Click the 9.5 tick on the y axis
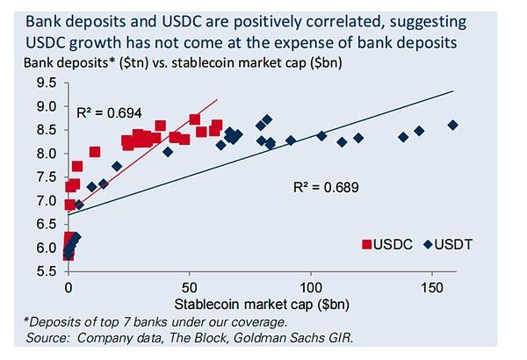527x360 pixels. coord(46,83)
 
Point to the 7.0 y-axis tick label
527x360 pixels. coord(46,201)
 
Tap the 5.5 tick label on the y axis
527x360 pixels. coord(46,272)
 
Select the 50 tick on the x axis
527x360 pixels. coord(189,287)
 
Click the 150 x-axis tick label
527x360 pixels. coord(430,287)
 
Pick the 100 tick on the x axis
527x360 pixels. coord(310,287)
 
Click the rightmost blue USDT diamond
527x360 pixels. coord(453,126)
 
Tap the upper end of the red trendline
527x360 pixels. coord(217,102)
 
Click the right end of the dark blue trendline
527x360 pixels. coord(453,90)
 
